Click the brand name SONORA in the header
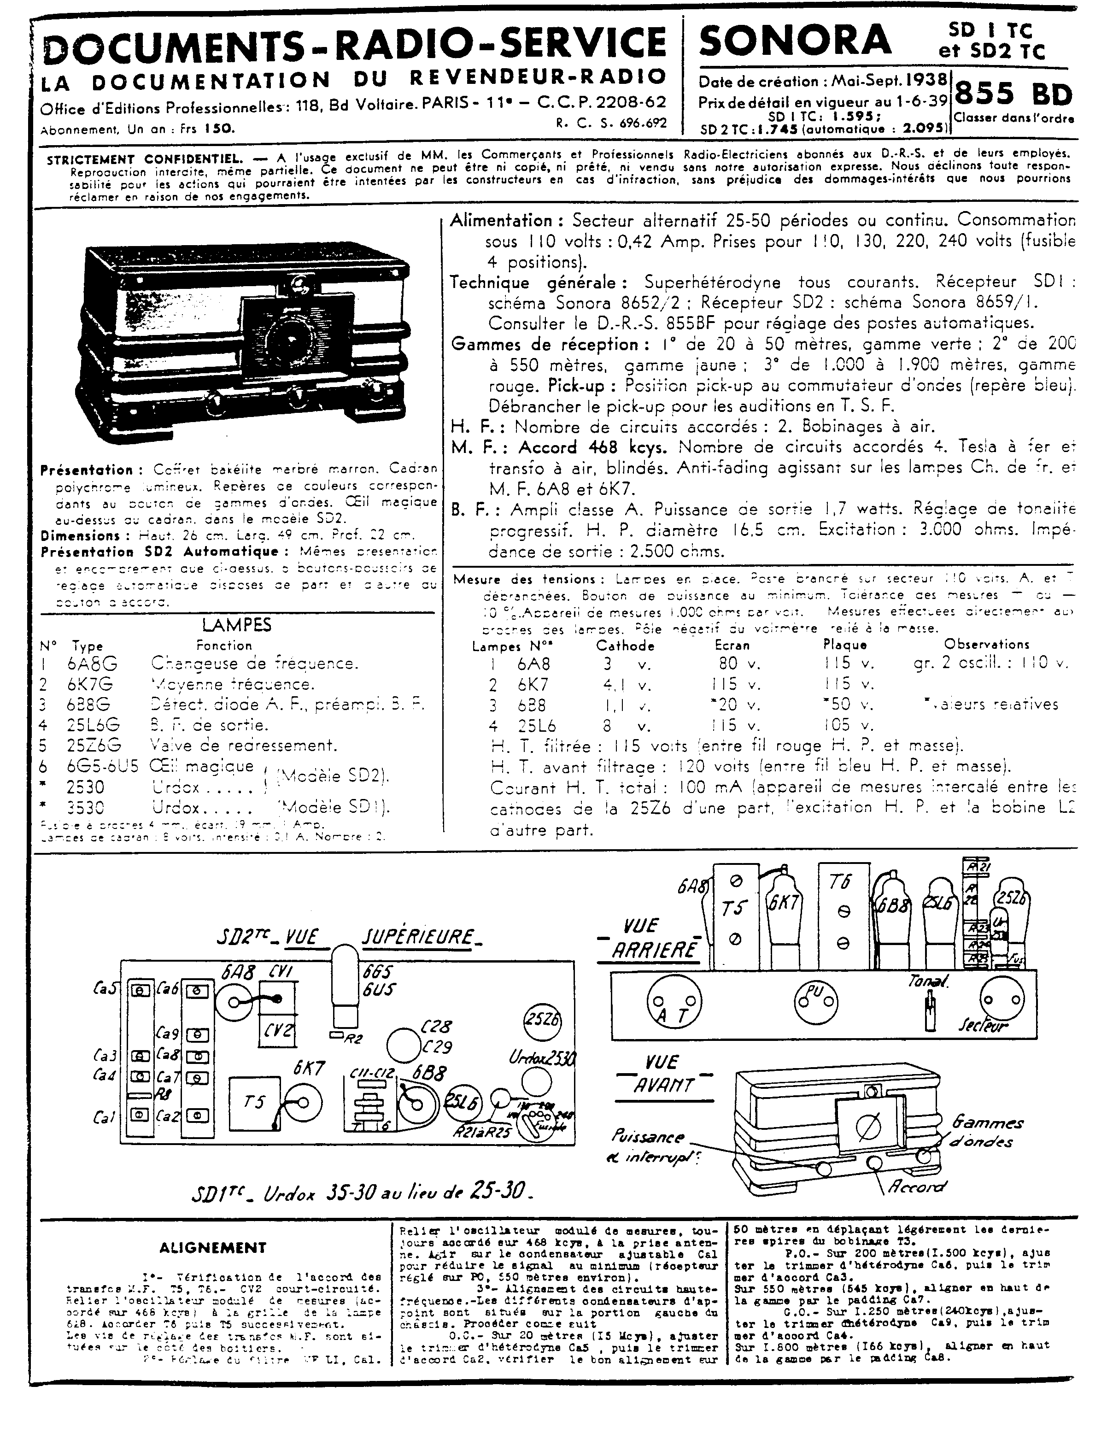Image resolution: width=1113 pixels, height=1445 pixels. (794, 40)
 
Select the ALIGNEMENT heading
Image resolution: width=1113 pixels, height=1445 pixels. (212, 1248)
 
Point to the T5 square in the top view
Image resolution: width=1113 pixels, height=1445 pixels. (254, 1102)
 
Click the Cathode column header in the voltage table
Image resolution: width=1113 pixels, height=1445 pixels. (625, 646)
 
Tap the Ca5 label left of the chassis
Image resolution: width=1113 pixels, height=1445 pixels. (106, 988)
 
